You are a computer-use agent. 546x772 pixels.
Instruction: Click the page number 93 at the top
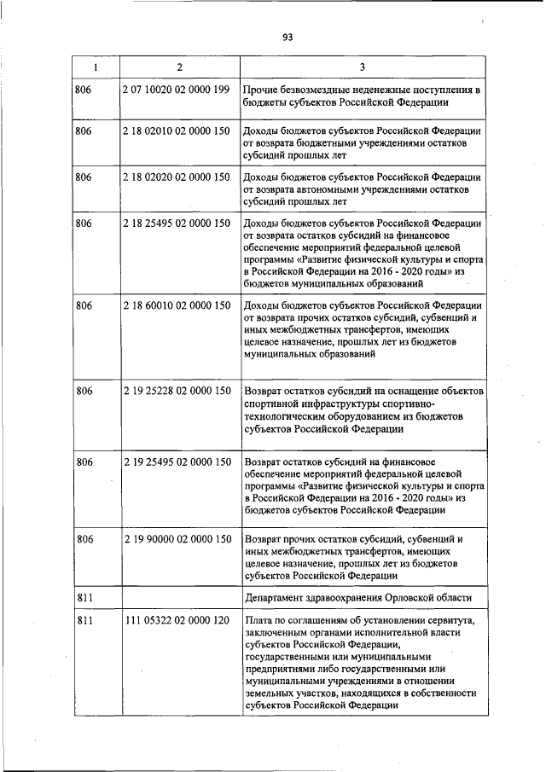point(288,37)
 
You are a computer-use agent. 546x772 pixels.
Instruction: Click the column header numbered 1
point(95,67)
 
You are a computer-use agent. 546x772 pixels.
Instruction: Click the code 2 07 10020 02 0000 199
point(177,90)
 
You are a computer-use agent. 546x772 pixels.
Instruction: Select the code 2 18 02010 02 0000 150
point(177,131)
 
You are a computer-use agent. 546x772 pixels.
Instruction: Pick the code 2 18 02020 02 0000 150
point(177,177)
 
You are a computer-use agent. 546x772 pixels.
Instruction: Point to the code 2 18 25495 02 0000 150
point(177,223)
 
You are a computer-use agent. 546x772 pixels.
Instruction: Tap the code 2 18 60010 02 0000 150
point(177,305)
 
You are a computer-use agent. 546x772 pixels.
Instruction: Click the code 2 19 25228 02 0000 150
point(177,391)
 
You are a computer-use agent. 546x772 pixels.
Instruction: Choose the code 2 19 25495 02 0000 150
point(177,461)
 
